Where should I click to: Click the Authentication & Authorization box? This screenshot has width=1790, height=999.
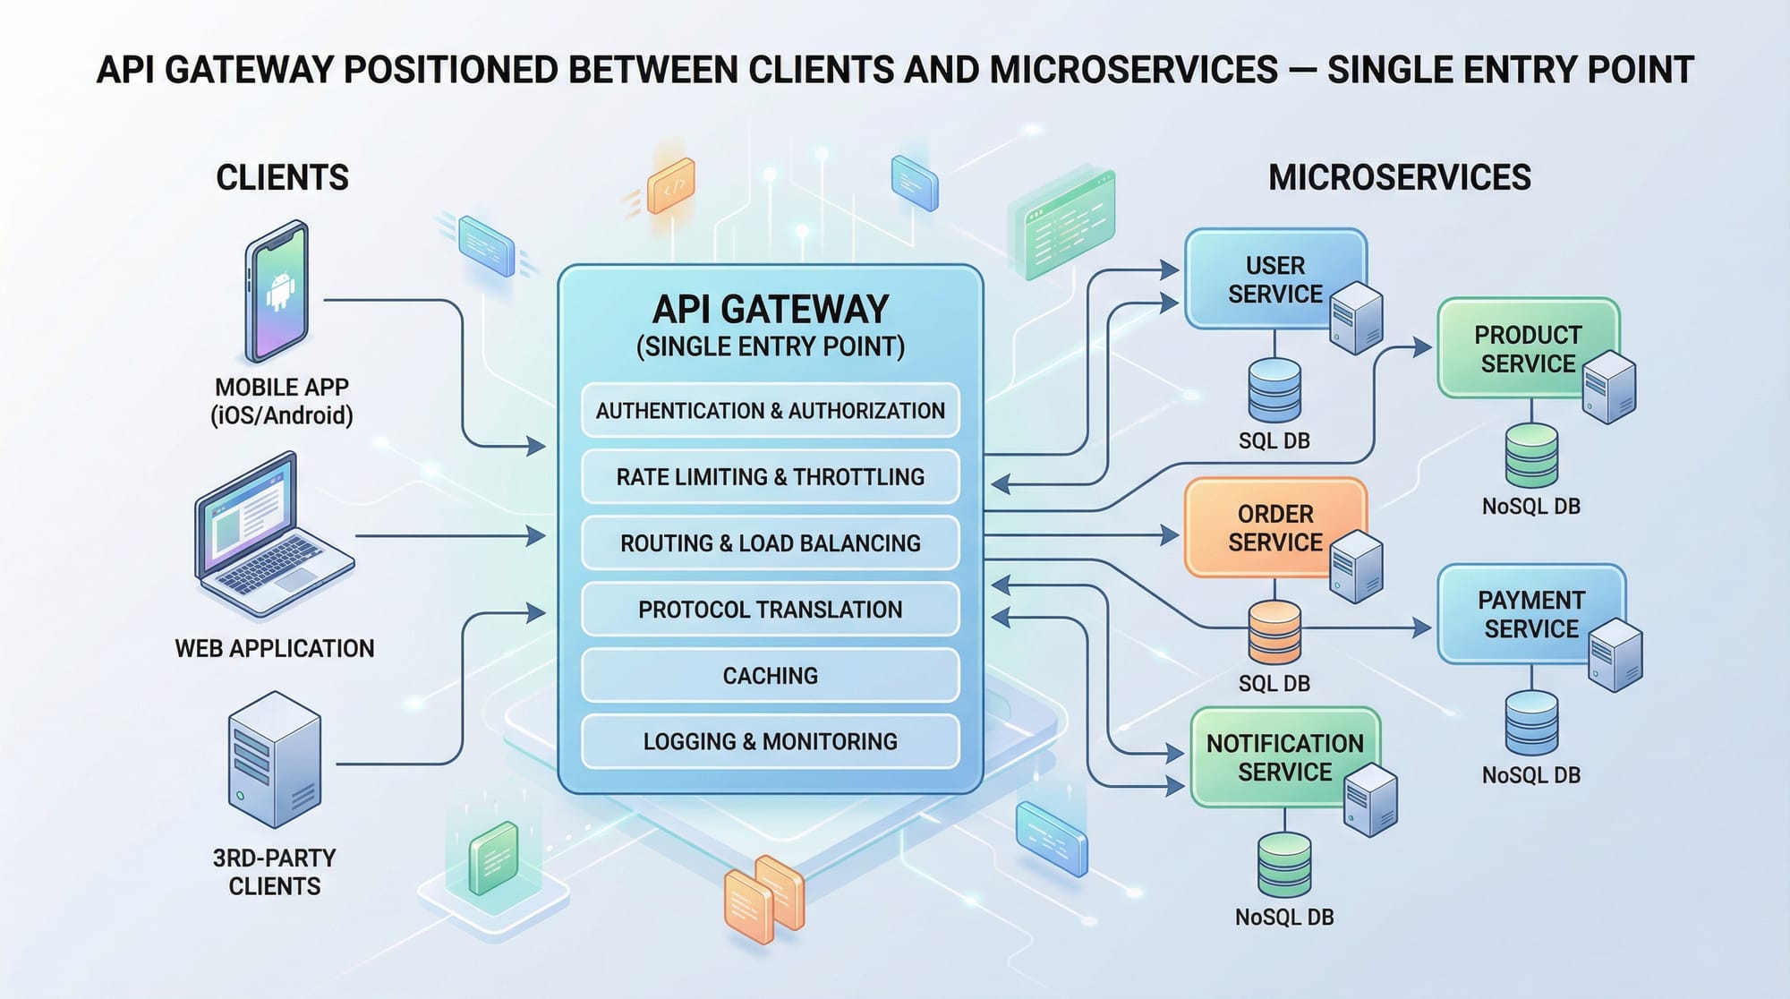(x=770, y=410)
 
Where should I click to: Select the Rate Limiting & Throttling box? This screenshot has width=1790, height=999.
(x=770, y=476)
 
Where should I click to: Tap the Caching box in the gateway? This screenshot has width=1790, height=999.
(x=770, y=675)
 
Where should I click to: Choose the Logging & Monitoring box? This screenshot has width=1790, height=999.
(x=770, y=741)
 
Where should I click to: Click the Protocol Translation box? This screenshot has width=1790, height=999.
(x=770, y=609)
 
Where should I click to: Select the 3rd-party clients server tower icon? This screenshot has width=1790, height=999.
(x=275, y=759)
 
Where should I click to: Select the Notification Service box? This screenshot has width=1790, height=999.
(x=1275, y=756)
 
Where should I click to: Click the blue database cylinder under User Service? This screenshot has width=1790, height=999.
(x=1274, y=390)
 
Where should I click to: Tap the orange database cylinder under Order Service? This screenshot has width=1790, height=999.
(x=1274, y=632)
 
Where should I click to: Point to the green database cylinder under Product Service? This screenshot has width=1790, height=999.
(x=1531, y=456)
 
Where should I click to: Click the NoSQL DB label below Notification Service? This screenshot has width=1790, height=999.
(x=1284, y=917)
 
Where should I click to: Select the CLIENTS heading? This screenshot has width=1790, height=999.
(x=282, y=177)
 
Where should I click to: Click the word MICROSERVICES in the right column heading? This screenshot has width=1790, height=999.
(x=1399, y=177)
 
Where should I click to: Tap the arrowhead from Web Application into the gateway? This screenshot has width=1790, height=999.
(x=537, y=536)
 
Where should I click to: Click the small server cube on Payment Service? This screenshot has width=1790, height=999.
(x=1615, y=654)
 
